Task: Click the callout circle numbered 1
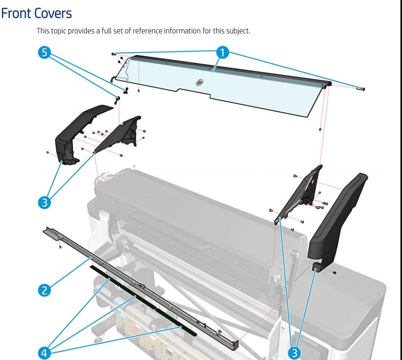[223, 53]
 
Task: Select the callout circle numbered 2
[44, 290]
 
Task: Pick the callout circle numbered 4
[44, 353]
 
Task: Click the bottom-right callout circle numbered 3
[295, 353]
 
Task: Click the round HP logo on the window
[199, 82]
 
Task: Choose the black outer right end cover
[337, 220]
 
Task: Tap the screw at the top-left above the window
[113, 53]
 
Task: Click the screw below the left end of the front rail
[60, 247]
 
